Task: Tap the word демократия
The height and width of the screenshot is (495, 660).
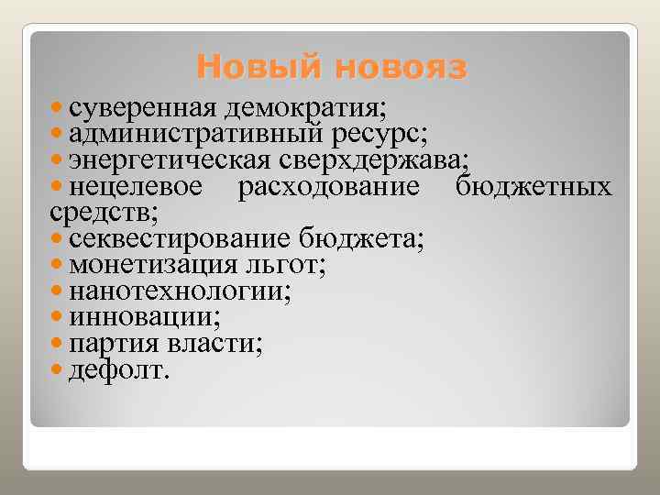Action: [x=307, y=107]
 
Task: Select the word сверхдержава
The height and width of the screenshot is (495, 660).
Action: [x=392, y=161]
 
